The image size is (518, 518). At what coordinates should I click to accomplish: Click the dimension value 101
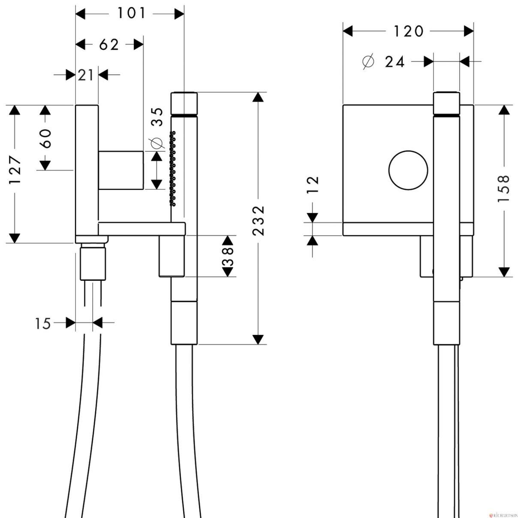tap(132, 13)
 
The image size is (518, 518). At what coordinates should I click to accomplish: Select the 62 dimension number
tap(109, 45)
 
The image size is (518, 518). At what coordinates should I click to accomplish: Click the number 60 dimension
tap(46, 139)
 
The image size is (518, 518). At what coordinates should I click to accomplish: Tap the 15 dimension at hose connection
tap(42, 324)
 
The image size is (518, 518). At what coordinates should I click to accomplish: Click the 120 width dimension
tap(408, 31)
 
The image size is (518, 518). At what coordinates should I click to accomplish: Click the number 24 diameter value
tap(395, 62)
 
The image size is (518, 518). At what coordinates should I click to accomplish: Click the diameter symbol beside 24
tap(368, 62)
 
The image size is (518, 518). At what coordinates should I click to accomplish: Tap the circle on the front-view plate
tap(408, 170)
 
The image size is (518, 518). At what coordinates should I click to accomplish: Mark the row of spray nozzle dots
tap(172, 169)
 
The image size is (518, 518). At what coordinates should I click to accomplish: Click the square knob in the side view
tap(120, 170)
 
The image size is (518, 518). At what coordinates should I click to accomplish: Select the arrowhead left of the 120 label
tap(348, 31)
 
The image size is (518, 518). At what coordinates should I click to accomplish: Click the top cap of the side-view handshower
tap(184, 103)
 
